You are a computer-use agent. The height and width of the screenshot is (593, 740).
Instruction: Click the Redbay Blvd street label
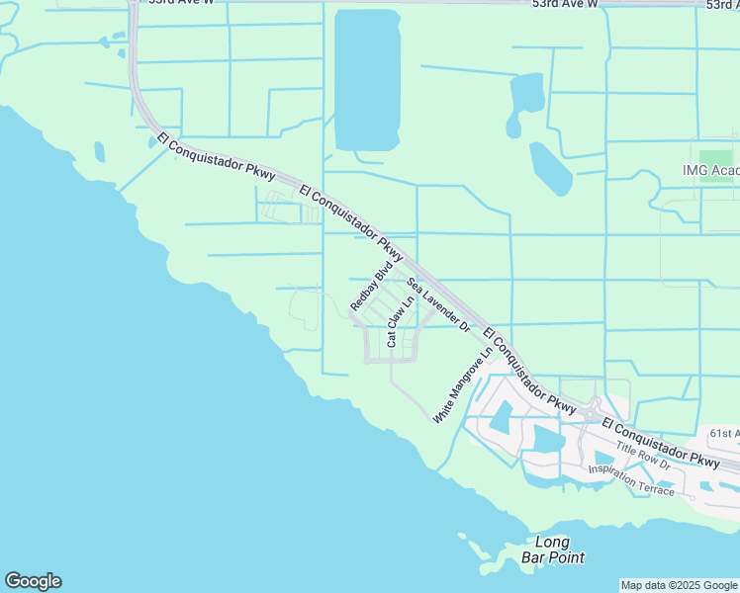(372, 288)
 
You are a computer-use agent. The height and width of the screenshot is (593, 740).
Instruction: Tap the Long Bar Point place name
(551, 550)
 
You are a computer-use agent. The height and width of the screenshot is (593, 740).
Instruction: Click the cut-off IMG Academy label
(710, 170)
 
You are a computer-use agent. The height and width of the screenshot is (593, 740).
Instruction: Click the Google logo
(33, 581)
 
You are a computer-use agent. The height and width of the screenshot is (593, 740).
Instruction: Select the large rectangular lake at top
(367, 79)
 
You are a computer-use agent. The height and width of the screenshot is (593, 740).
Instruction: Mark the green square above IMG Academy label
(716, 156)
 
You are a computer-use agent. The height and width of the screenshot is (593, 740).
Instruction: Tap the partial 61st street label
(724, 433)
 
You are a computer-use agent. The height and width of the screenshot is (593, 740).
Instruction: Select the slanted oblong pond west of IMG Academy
(550, 168)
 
